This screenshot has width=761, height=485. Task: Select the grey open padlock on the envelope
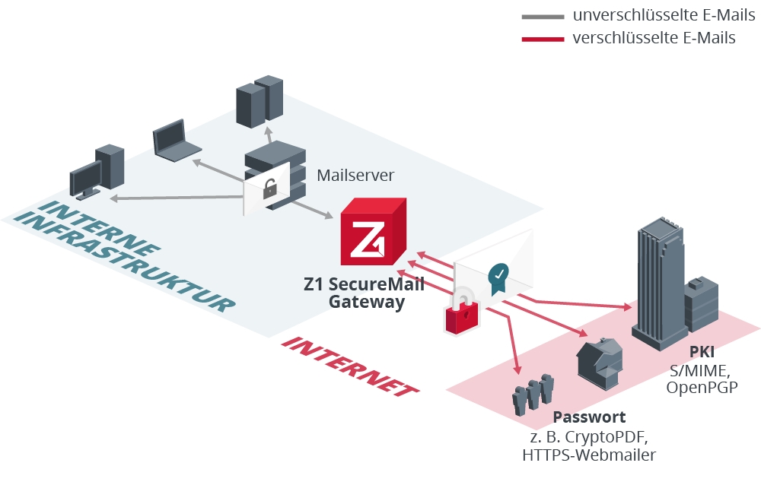(x=269, y=189)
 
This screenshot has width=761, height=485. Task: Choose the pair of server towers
(x=260, y=100)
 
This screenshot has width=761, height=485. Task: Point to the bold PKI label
(x=701, y=352)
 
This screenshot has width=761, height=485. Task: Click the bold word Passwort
(x=589, y=417)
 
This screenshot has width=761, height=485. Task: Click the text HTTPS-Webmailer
(x=589, y=455)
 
